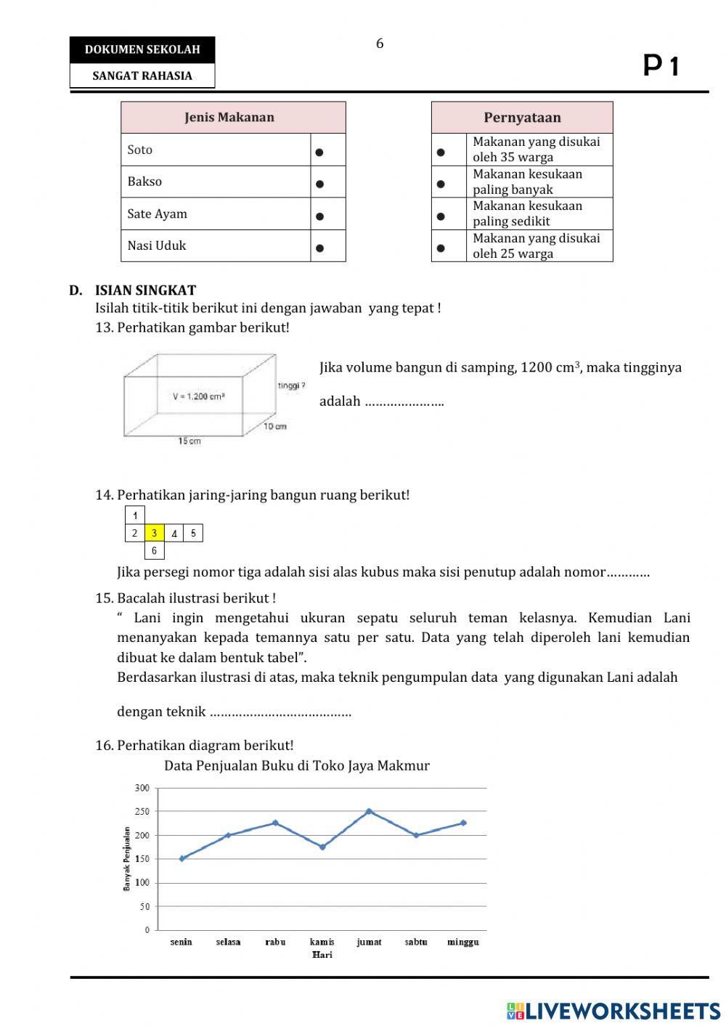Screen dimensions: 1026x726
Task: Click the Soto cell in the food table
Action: (x=215, y=150)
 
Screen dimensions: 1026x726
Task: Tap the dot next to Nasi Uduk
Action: (x=319, y=248)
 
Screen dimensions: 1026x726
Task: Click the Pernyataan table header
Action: (x=522, y=118)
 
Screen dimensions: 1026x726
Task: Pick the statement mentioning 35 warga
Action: (x=537, y=150)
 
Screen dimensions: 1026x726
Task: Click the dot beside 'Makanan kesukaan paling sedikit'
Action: (x=441, y=216)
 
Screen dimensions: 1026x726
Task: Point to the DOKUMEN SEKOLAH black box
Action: (x=142, y=50)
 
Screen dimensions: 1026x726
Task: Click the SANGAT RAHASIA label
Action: (x=142, y=76)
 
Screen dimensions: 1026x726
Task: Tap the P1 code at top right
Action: (x=661, y=66)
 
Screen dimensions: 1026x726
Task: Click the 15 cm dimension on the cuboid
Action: (x=189, y=441)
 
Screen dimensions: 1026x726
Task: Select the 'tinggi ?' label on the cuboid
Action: (x=291, y=386)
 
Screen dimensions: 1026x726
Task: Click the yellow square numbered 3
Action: (x=154, y=533)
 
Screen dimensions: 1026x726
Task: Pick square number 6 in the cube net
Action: (x=154, y=551)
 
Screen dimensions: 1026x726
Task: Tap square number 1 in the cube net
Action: (x=135, y=516)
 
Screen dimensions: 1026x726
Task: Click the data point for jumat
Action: (x=369, y=811)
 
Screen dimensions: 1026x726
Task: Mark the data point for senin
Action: (x=181, y=858)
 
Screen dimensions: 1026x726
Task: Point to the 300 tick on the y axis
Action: (x=142, y=788)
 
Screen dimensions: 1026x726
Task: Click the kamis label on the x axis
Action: (x=322, y=942)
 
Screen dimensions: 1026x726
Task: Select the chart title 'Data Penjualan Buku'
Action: (x=296, y=765)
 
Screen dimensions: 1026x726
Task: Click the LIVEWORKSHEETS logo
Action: (x=613, y=1011)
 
